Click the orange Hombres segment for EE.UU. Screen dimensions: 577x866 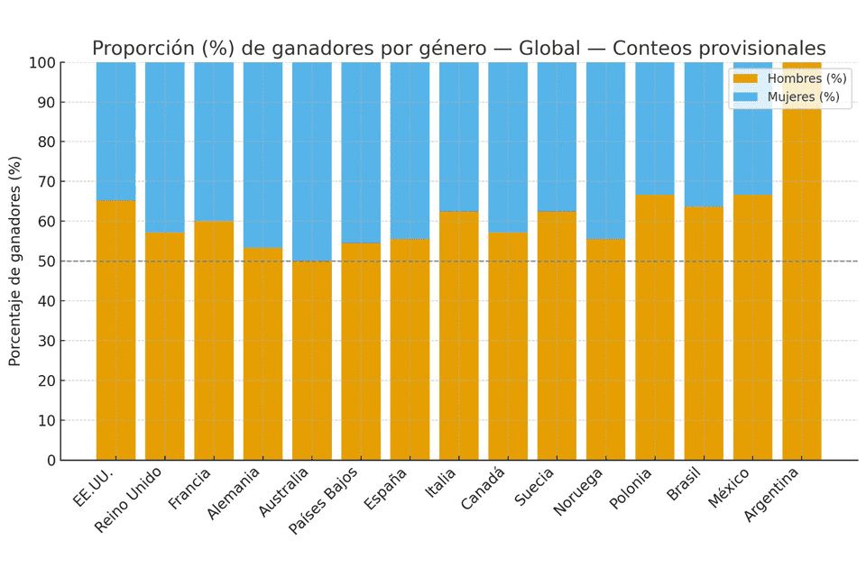click(x=115, y=330)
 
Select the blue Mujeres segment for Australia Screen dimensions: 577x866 click(x=311, y=162)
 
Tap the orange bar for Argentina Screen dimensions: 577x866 click(x=801, y=270)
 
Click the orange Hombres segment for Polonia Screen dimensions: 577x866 click(x=654, y=327)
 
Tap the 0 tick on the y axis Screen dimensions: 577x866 click(x=51, y=461)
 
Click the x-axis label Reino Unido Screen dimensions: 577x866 click(x=129, y=499)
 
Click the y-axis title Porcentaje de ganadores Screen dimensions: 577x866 click(x=15, y=261)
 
